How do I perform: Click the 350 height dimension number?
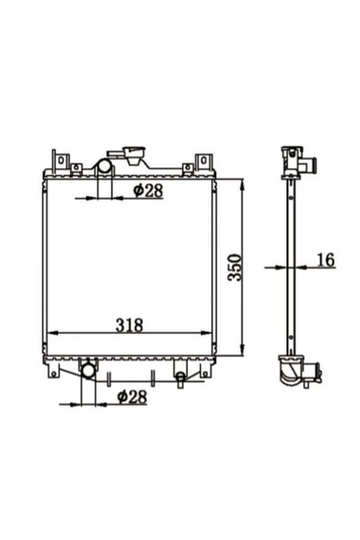236,267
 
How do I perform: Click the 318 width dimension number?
129,325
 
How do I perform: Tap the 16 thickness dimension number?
325,260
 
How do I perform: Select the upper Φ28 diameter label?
148,191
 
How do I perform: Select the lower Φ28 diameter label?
132,397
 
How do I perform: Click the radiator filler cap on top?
135,155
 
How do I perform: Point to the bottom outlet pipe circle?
87,371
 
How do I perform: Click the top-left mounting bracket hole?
61,161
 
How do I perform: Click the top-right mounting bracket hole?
203,161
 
